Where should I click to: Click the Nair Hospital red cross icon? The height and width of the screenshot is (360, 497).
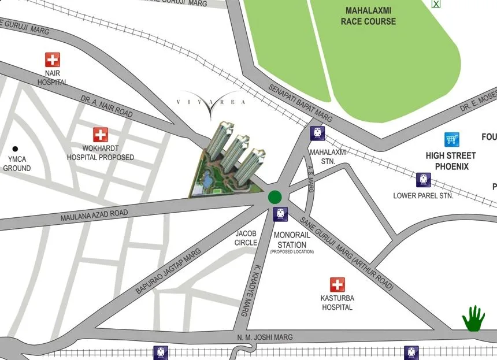click(53, 60)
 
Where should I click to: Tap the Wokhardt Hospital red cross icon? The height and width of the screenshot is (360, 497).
click(101, 135)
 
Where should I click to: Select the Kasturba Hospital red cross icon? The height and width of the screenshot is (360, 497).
click(337, 285)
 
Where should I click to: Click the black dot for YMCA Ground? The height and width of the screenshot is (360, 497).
click(16, 149)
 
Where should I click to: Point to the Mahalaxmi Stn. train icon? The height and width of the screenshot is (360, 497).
click(317, 133)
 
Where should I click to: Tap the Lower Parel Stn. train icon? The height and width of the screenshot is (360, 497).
click(424, 180)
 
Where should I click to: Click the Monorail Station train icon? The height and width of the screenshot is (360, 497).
click(280, 214)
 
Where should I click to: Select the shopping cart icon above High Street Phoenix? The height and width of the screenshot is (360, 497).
click(452, 139)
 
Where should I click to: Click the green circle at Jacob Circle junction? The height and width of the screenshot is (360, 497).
click(275, 197)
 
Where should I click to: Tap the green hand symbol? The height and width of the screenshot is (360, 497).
click(473, 318)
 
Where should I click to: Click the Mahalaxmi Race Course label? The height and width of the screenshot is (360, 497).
click(368, 16)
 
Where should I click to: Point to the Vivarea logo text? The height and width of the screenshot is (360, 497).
click(211, 102)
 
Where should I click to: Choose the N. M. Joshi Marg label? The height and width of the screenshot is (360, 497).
click(265, 337)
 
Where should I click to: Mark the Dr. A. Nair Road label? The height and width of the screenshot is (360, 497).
click(107, 107)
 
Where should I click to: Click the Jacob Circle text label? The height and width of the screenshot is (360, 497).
click(246, 238)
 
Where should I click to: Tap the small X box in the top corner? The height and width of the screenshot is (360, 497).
click(436, 3)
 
